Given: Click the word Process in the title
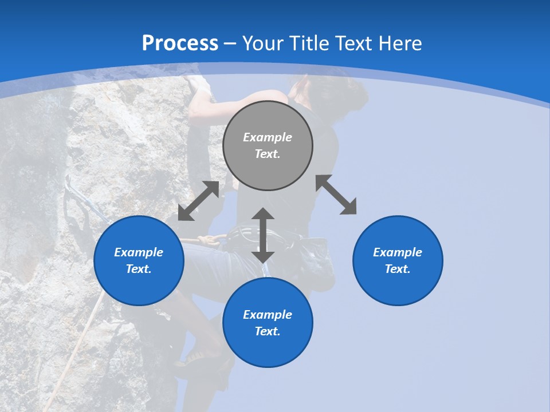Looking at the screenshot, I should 180,43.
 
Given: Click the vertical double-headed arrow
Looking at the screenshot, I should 263,235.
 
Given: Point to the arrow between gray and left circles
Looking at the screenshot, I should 198,201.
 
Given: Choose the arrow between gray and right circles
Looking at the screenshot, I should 336,195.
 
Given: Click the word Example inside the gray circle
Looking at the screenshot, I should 268,137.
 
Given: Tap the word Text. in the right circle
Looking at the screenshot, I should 398,269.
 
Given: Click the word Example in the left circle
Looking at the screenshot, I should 139,252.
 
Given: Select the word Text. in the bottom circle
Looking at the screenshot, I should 268,331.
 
